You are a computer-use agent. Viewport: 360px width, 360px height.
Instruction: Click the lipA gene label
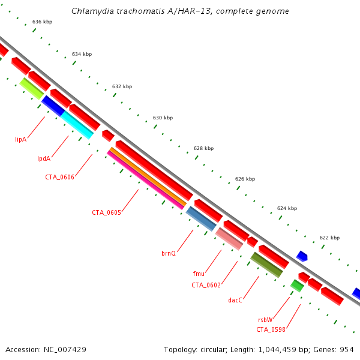click(x=20, y=139)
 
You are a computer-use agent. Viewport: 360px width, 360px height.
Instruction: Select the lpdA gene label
click(x=43, y=159)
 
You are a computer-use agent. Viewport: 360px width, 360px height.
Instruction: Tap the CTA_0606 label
click(x=59, y=177)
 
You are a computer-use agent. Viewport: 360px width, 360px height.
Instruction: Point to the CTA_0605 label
click(x=106, y=212)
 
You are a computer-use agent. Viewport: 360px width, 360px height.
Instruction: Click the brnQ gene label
click(x=169, y=253)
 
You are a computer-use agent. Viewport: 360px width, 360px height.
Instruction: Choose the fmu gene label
click(x=199, y=274)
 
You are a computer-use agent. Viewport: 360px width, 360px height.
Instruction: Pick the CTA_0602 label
click(x=206, y=285)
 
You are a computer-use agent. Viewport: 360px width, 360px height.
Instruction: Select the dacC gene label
click(x=235, y=300)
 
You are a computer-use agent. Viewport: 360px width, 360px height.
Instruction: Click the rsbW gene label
click(x=266, y=320)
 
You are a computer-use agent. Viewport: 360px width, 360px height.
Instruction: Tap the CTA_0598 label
click(x=271, y=329)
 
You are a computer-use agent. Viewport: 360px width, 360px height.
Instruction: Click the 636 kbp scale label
click(x=42, y=22)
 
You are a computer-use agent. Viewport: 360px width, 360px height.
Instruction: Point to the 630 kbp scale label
click(x=163, y=118)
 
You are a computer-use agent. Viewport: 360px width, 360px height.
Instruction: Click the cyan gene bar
click(x=77, y=125)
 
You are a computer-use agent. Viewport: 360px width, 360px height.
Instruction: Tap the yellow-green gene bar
click(x=31, y=88)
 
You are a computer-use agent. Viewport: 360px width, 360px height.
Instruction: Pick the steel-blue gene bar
click(x=201, y=218)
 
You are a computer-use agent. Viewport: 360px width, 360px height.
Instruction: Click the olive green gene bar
click(x=266, y=265)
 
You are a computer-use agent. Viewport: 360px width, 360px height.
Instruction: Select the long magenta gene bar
click(x=146, y=180)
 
